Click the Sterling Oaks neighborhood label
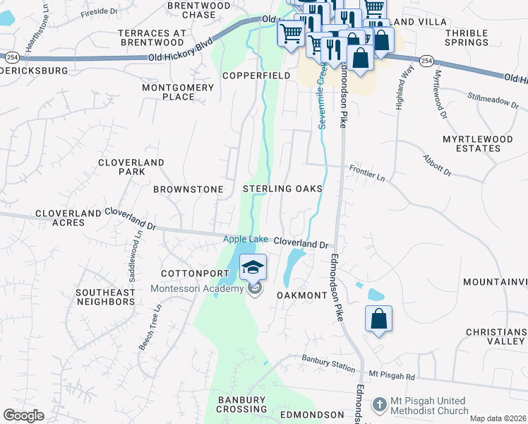click(282, 189)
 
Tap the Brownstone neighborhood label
click(188, 189)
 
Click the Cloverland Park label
click(131, 167)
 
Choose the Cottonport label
click(188, 273)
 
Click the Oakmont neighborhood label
click(302, 295)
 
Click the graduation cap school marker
click(253, 267)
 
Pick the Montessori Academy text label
click(196, 288)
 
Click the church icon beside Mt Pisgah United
click(380, 404)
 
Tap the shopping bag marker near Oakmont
click(378, 319)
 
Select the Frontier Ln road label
click(367, 172)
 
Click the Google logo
click(23, 416)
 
